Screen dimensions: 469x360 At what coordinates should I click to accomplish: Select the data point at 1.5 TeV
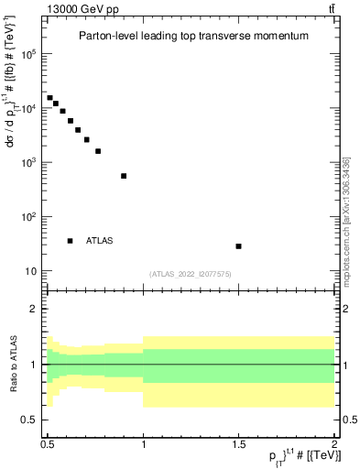238,246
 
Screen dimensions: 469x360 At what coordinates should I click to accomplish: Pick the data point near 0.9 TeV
124,176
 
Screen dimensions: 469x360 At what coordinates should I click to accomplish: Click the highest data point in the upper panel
49,98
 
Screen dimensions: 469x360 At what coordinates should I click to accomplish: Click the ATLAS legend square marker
70,241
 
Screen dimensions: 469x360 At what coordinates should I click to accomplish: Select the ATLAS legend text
100,241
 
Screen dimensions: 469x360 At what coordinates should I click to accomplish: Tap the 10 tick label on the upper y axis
31,272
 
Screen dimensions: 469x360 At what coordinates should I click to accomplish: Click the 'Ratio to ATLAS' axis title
13,364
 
